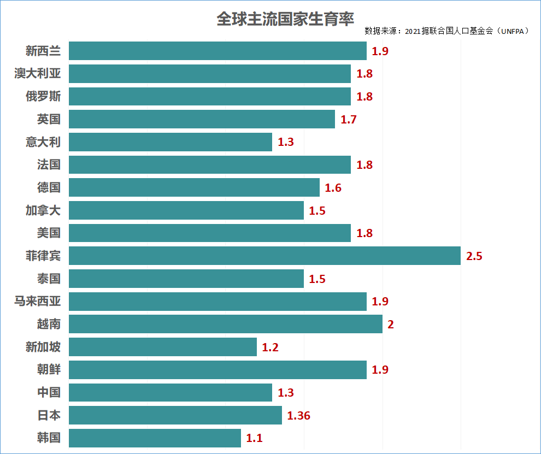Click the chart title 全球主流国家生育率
[x=285, y=19]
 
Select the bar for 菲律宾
[x=264, y=256]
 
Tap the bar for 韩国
[x=155, y=438]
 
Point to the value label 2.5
[x=474, y=256]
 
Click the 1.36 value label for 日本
[x=298, y=415]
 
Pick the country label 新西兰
[x=43, y=51]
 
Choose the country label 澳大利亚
[x=38, y=74]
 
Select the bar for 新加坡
[x=163, y=347]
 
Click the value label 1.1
[x=255, y=438]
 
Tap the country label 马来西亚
[x=38, y=301]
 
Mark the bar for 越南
[x=225, y=324]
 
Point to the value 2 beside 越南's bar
[x=391, y=324]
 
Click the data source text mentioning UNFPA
[x=447, y=31]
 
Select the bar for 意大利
[x=170, y=142]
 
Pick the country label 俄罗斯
[x=43, y=97]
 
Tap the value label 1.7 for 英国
[x=349, y=119]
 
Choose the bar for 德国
[x=194, y=187]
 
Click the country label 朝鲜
[x=49, y=370]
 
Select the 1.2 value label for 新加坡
[x=270, y=347]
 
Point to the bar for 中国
[x=170, y=392]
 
